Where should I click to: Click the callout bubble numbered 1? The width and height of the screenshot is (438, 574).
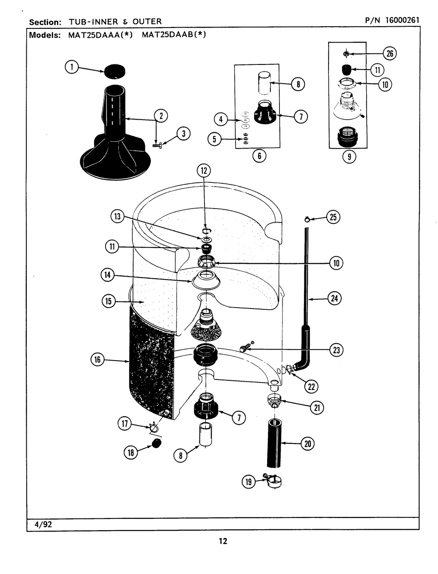pyautogui.click(x=72, y=67)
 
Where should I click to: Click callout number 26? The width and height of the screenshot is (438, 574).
pyautogui.click(x=389, y=53)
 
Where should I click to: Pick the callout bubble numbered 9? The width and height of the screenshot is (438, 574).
pyautogui.click(x=349, y=156)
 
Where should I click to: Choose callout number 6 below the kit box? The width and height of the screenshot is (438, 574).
pyautogui.click(x=259, y=156)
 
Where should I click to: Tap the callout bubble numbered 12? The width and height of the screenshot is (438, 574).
pyautogui.click(x=204, y=170)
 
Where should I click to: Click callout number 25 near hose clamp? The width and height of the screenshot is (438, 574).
pyautogui.click(x=333, y=217)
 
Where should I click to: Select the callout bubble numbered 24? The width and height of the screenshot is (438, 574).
pyautogui.click(x=334, y=299)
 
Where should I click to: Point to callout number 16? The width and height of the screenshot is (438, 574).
pyautogui.click(x=97, y=360)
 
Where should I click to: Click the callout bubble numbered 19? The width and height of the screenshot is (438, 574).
pyautogui.click(x=249, y=482)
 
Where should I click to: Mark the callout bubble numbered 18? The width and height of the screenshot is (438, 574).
pyautogui.click(x=130, y=453)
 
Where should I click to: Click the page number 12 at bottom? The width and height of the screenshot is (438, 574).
pyautogui.click(x=223, y=542)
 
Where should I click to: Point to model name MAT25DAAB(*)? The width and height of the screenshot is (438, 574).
pyautogui.click(x=174, y=35)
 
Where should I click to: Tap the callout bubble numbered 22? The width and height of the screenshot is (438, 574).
pyautogui.click(x=311, y=386)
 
